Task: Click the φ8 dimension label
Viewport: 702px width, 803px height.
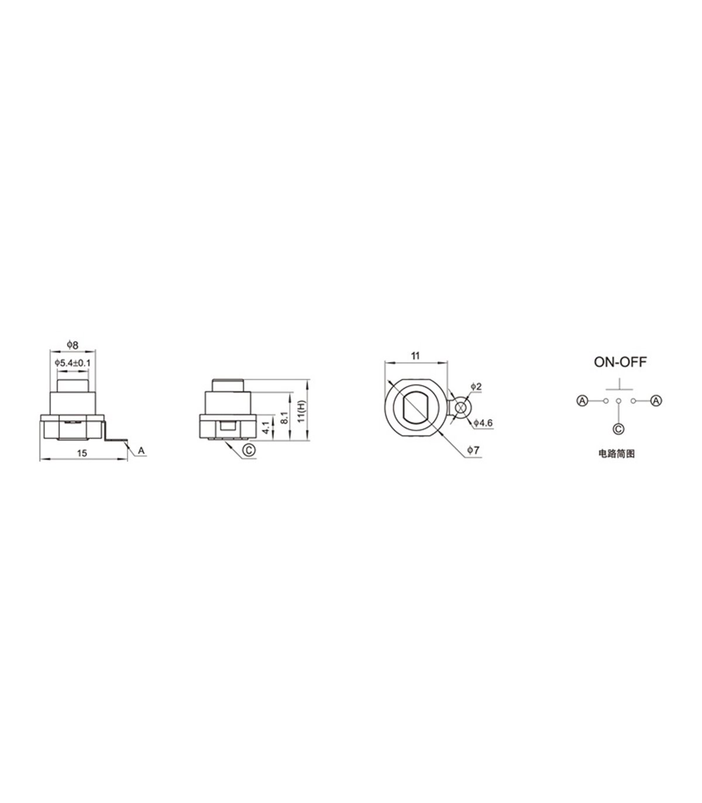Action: [x=73, y=345]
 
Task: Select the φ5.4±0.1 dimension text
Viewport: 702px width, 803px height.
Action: [x=73, y=363]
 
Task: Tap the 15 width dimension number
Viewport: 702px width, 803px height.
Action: [x=81, y=454]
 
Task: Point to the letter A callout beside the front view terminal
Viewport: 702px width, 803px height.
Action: [x=141, y=451]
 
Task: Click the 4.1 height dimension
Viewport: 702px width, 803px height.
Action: [x=267, y=427]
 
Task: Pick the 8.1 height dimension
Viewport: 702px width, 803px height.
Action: [x=285, y=417]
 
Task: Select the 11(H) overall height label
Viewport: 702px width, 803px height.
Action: [x=301, y=411]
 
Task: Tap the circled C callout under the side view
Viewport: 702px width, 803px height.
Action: [x=249, y=449]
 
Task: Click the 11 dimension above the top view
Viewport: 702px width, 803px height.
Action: [x=415, y=356]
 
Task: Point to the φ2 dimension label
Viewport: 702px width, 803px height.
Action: [x=476, y=387]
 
